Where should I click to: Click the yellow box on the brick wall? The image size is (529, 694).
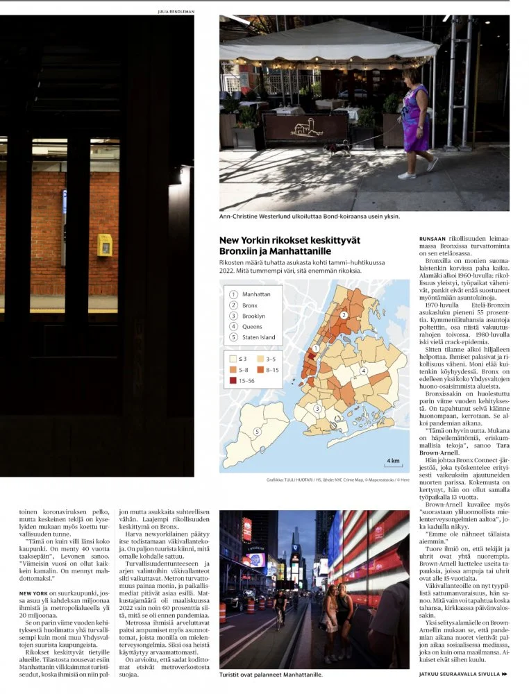(x=105, y=244)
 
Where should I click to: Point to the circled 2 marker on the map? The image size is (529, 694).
(x=343, y=315)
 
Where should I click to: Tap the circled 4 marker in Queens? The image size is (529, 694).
(x=363, y=371)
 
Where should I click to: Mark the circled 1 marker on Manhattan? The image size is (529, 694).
(x=317, y=348)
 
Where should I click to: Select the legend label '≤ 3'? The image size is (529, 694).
(x=244, y=359)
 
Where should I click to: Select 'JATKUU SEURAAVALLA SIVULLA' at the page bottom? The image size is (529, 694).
(x=459, y=674)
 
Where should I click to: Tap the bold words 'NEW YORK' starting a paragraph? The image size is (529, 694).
(x=33, y=593)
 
